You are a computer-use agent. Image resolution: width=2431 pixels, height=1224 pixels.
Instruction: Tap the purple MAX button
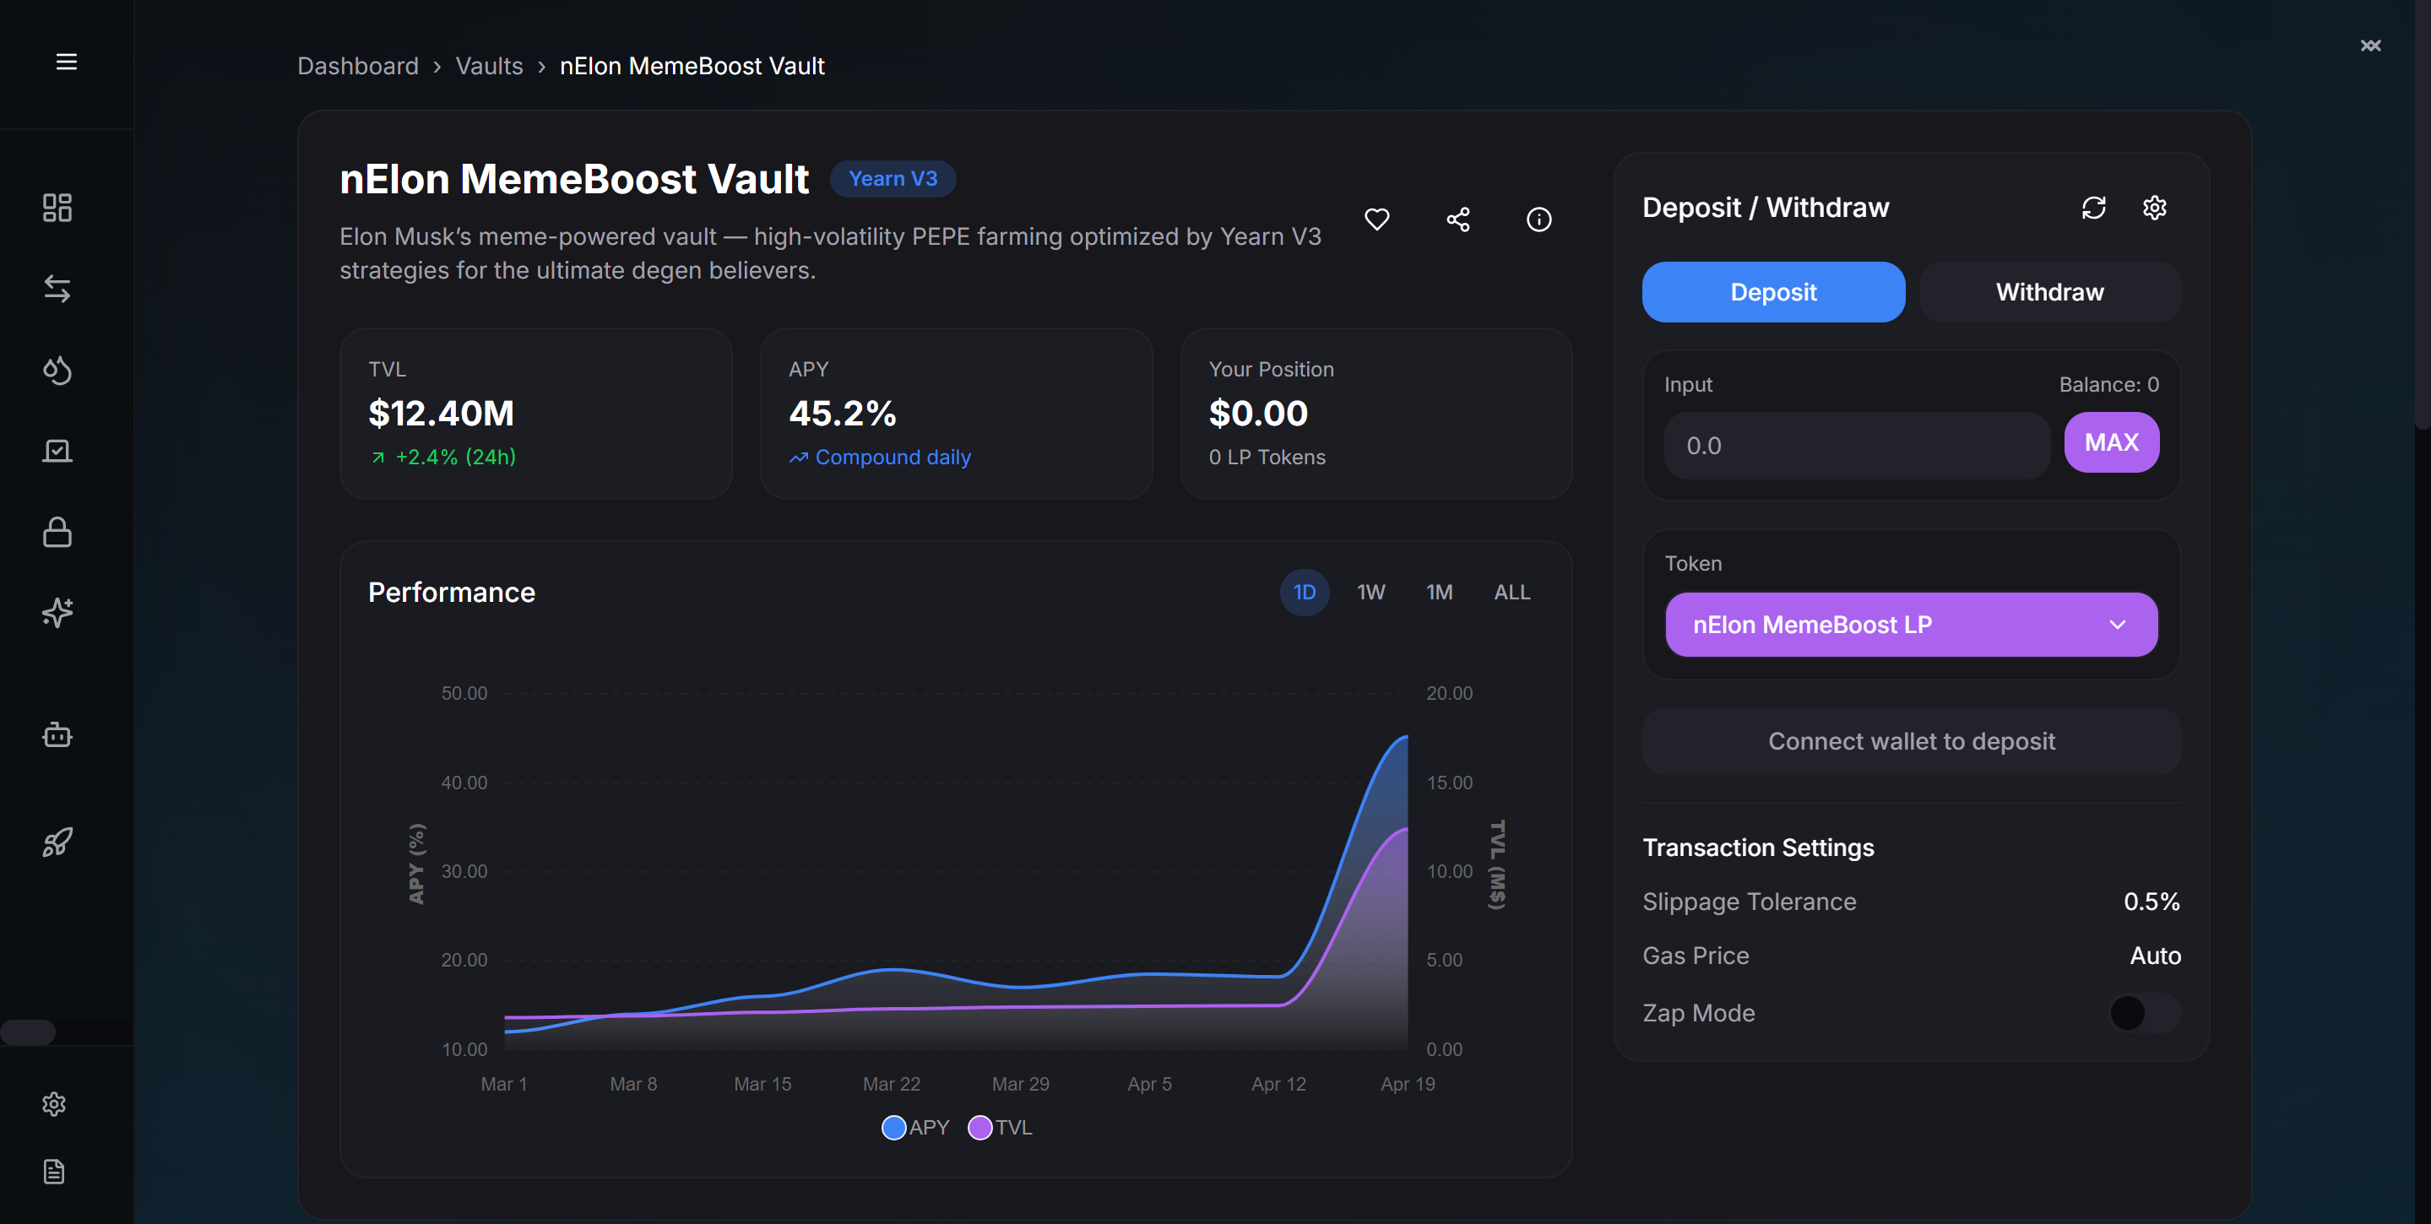pos(2110,441)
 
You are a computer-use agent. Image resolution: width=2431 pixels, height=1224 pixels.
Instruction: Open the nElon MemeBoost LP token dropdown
pos(1910,624)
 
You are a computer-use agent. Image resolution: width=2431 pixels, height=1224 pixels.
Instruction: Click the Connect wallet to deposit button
pos(1910,741)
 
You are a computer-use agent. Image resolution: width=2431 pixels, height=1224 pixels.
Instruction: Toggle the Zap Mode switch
pos(2143,1013)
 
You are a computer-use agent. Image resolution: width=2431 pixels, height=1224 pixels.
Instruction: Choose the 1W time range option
pos(1370,592)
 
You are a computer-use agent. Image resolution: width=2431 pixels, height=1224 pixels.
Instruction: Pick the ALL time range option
pos(1511,592)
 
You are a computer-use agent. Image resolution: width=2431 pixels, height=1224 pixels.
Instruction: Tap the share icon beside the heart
pos(1457,219)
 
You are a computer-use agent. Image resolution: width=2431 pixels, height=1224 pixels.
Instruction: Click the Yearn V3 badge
pos(892,178)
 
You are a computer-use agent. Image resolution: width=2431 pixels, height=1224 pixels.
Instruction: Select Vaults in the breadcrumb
pos(489,66)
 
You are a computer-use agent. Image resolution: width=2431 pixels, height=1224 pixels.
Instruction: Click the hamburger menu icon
pos(66,62)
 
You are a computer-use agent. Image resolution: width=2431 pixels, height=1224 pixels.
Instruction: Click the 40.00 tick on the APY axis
pos(464,783)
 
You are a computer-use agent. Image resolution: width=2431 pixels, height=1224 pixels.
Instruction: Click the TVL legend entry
pos(1001,1127)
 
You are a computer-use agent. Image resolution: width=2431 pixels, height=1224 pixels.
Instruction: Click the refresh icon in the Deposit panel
pos(2092,208)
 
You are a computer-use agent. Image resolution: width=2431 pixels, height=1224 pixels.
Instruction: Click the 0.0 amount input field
pos(1854,446)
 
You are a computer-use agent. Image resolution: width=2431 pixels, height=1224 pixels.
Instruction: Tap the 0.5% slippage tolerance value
pos(2151,902)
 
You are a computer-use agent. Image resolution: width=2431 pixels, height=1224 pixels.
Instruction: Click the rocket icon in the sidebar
pos(57,842)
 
